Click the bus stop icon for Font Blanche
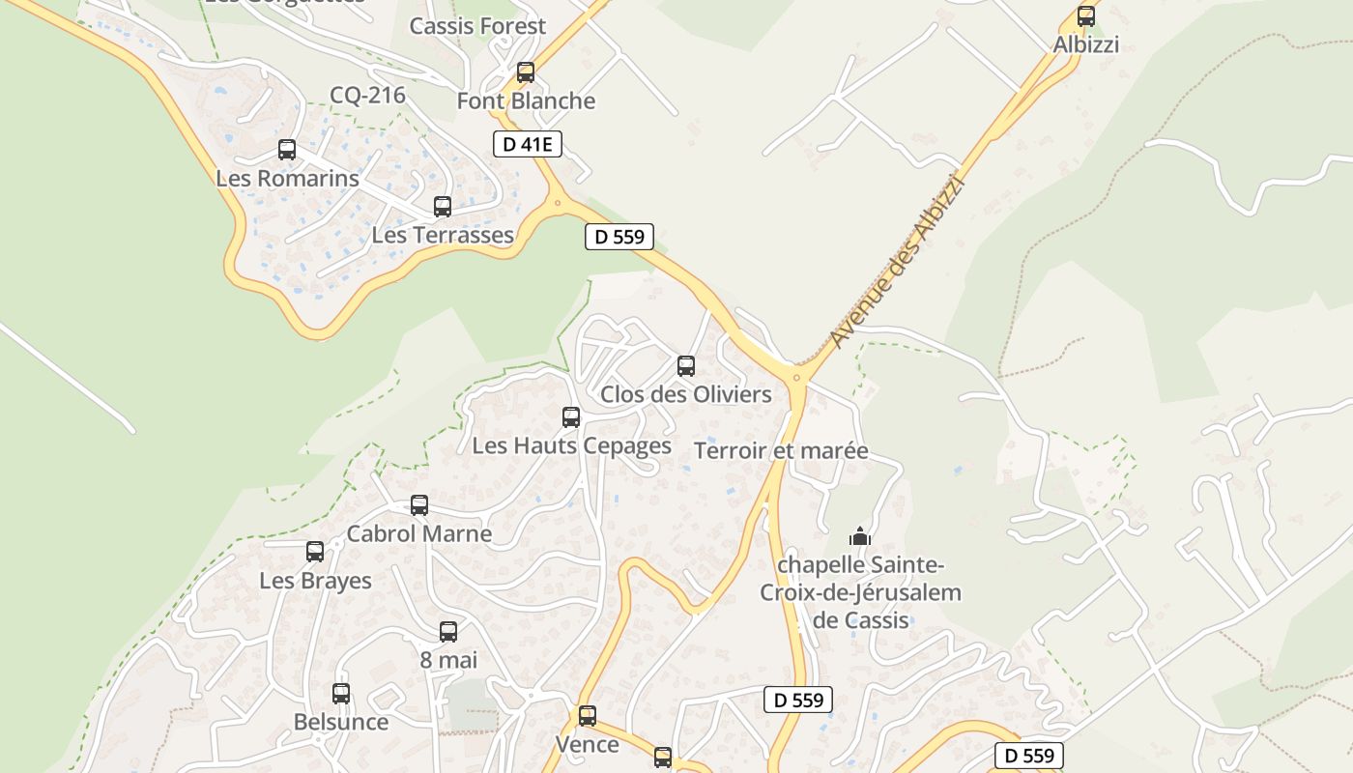(x=526, y=72)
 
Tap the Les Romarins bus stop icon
(x=287, y=150)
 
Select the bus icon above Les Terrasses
(x=443, y=207)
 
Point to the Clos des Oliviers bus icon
(x=686, y=366)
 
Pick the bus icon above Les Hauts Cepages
(x=571, y=417)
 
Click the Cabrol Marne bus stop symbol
(x=419, y=505)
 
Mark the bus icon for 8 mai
(x=448, y=632)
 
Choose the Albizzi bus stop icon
(x=1086, y=16)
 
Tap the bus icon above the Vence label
(x=588, y=716)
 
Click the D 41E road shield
(x=527, y=145)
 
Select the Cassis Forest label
(x=477, y=26)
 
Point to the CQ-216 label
(x=367, y=95)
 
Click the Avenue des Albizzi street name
(x=897, y=261)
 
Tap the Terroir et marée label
(x=781, y=451)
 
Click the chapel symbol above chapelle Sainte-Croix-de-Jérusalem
(x=860, y=536)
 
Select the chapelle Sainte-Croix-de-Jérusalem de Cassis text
(x=860, y=591)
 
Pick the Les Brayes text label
(x=315, y=581)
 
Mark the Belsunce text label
(x=341, y=722)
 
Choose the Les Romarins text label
(x=287, y=179)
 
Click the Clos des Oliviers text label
(x=686, y=394)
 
